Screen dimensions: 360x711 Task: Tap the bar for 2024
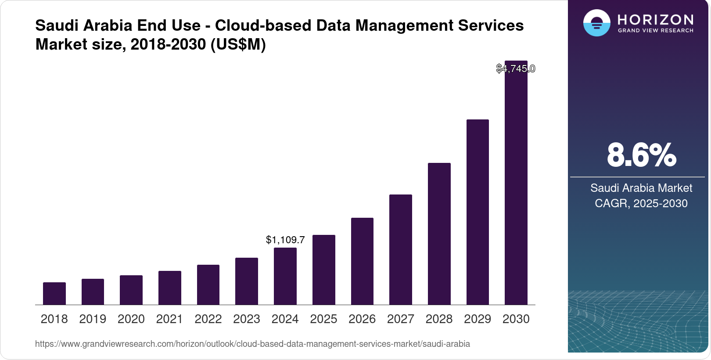tap(285, 276)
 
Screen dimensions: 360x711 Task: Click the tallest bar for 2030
tap(516, 184)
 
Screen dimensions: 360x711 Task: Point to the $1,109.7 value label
tap(285, 240)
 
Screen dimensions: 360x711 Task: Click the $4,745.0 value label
tap(516, 68)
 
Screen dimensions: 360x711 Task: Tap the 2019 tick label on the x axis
tap(93, 319)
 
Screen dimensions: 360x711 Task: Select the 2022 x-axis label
tap(208, 319)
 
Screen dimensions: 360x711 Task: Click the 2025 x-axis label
tap(323, 319)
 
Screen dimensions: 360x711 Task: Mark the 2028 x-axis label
tap(439, 319)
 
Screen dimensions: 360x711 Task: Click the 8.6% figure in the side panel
tap(641, 155)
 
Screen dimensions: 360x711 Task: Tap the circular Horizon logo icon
tap(596, 23)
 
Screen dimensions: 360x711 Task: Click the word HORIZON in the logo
tap(655, 19)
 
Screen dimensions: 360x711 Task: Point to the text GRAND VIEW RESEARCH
tap(655, 31)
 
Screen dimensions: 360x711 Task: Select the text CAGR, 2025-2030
tap(641, 203)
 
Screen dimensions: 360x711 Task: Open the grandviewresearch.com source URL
tap(252, 344)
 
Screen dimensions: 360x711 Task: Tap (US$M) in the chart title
tap(238, 44)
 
